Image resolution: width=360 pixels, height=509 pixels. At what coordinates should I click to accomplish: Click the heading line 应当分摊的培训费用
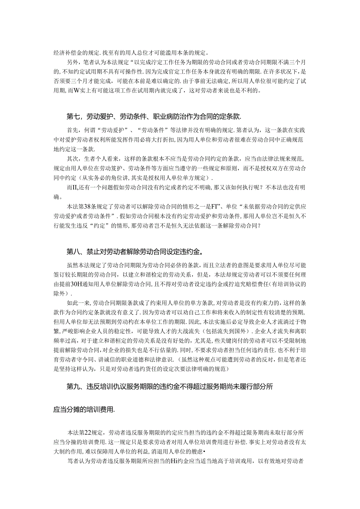pos(84,409)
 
